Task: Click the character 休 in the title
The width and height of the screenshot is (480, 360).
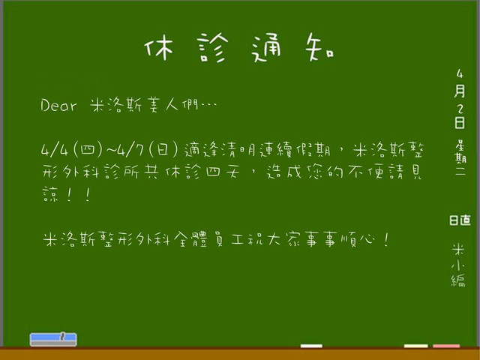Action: click(158, 46)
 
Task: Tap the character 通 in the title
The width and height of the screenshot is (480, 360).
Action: click(266, 47)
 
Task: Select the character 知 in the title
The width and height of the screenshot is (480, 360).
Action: click(319, 47)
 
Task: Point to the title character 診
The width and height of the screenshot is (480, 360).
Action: click(212, 47)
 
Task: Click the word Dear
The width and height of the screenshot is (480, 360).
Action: click(58, 105)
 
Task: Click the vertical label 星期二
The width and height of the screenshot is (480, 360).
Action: click(460, 157)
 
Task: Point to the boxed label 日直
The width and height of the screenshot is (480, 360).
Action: click(460, 220)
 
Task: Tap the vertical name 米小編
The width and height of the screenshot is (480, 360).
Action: click(458, 265)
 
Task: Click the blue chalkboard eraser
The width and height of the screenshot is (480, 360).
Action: click(53, 340)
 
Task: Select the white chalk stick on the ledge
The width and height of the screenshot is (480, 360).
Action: click(311, 346)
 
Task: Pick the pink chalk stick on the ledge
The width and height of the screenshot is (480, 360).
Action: click(446, 346)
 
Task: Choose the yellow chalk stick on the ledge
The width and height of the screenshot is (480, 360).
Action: click(415, 346)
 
